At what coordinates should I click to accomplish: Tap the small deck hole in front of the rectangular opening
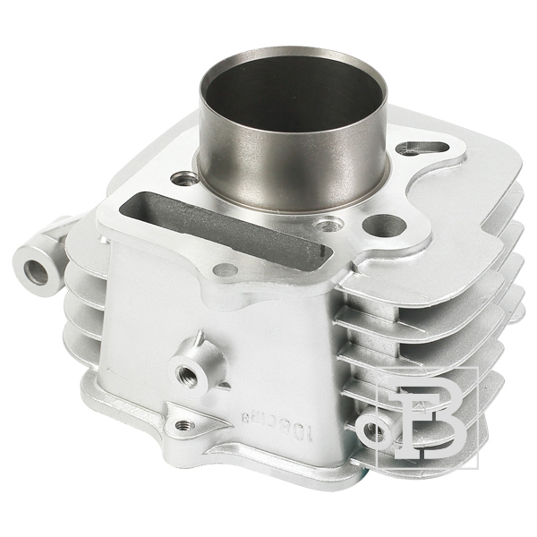[x=227, y=268]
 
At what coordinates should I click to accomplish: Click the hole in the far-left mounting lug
[x=38, y=270]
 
